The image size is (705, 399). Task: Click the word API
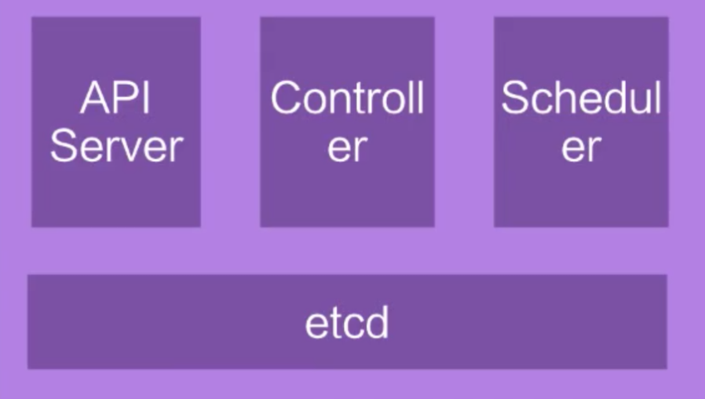click(x=115, y=98)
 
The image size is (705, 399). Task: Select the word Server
click(x=116, y=146)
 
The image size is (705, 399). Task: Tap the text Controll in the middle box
click(x=347, y=97)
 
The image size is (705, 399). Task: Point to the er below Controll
click(x=348, y=148)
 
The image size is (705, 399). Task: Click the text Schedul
click(x=581, y=97)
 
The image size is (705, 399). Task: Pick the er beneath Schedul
click(x=582, y=148)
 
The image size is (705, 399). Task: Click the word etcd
click(x=347, y=322)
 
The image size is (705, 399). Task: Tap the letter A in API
click(x=95, y=98)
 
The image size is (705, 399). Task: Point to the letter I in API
click(x=147, y=98)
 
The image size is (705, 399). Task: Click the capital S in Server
click(x=64, y=145)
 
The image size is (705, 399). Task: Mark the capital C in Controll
click(x=287, y=97)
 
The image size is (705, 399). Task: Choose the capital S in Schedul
click(x=515, y=97)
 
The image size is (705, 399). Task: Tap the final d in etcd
click(x=377, y=322)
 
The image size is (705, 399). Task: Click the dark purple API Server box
click(x=116, y=122)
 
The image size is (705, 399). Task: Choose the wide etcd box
click(x=347, y=321)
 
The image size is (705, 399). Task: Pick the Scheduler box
click(x=581, y=122)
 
